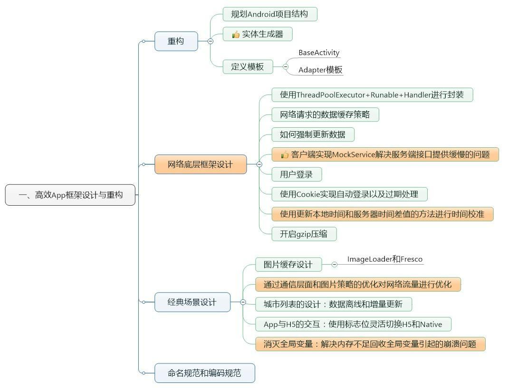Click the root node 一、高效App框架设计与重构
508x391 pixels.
70,195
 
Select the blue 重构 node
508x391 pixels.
176,41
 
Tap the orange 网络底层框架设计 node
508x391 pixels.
201,164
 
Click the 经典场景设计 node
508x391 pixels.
192,302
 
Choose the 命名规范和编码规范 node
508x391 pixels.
204,373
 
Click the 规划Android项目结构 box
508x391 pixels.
269,14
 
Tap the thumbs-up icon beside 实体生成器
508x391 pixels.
236,34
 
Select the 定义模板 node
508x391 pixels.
248,67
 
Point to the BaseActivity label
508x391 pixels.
319,53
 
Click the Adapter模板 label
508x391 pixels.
320,70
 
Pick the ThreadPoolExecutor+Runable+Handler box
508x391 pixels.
372,95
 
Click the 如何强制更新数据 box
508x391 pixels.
313,134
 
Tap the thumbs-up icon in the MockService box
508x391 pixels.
285,154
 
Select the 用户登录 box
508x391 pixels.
297,174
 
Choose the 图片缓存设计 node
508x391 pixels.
288,265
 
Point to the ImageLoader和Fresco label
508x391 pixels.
385,259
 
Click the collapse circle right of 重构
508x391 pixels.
211,41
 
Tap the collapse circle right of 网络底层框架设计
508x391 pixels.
259,164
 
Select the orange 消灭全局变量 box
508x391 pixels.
370,344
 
